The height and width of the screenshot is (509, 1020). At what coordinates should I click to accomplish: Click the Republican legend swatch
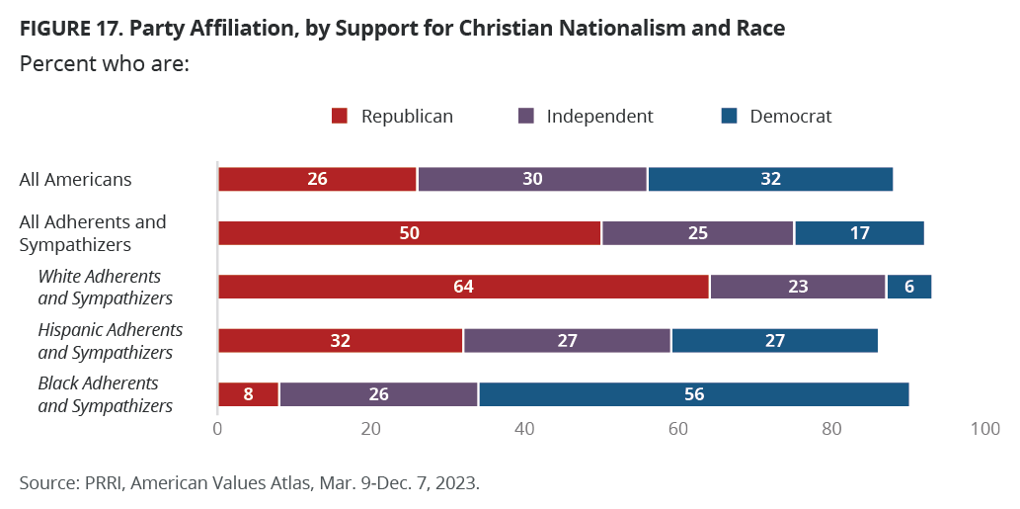340,117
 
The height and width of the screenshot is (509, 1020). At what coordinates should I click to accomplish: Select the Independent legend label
599,117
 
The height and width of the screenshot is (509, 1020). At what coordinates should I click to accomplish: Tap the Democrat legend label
790,117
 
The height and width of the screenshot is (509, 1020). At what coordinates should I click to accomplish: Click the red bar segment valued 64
463,287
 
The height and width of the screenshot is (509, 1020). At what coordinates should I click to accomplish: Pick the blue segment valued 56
693,394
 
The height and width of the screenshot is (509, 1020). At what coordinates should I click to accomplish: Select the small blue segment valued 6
908,287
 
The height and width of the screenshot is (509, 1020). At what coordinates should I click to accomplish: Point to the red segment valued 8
248,394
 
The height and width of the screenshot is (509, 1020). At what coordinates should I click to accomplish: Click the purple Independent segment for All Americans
532,179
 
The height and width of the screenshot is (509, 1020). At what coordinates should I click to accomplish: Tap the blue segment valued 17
859,233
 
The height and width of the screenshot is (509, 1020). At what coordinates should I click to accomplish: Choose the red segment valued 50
410,233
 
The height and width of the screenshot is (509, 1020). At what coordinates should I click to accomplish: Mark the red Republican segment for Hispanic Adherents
341,341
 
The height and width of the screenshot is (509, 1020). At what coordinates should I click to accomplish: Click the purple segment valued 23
798,287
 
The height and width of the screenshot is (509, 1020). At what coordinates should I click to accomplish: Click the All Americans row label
76,180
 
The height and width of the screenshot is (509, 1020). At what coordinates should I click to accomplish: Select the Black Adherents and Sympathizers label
106,394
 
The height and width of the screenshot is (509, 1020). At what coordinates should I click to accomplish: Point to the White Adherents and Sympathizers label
106,288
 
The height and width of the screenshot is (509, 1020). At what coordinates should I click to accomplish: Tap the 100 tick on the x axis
984,429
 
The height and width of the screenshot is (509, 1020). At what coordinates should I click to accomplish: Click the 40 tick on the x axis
524,429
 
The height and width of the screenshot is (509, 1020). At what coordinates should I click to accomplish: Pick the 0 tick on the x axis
217,429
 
